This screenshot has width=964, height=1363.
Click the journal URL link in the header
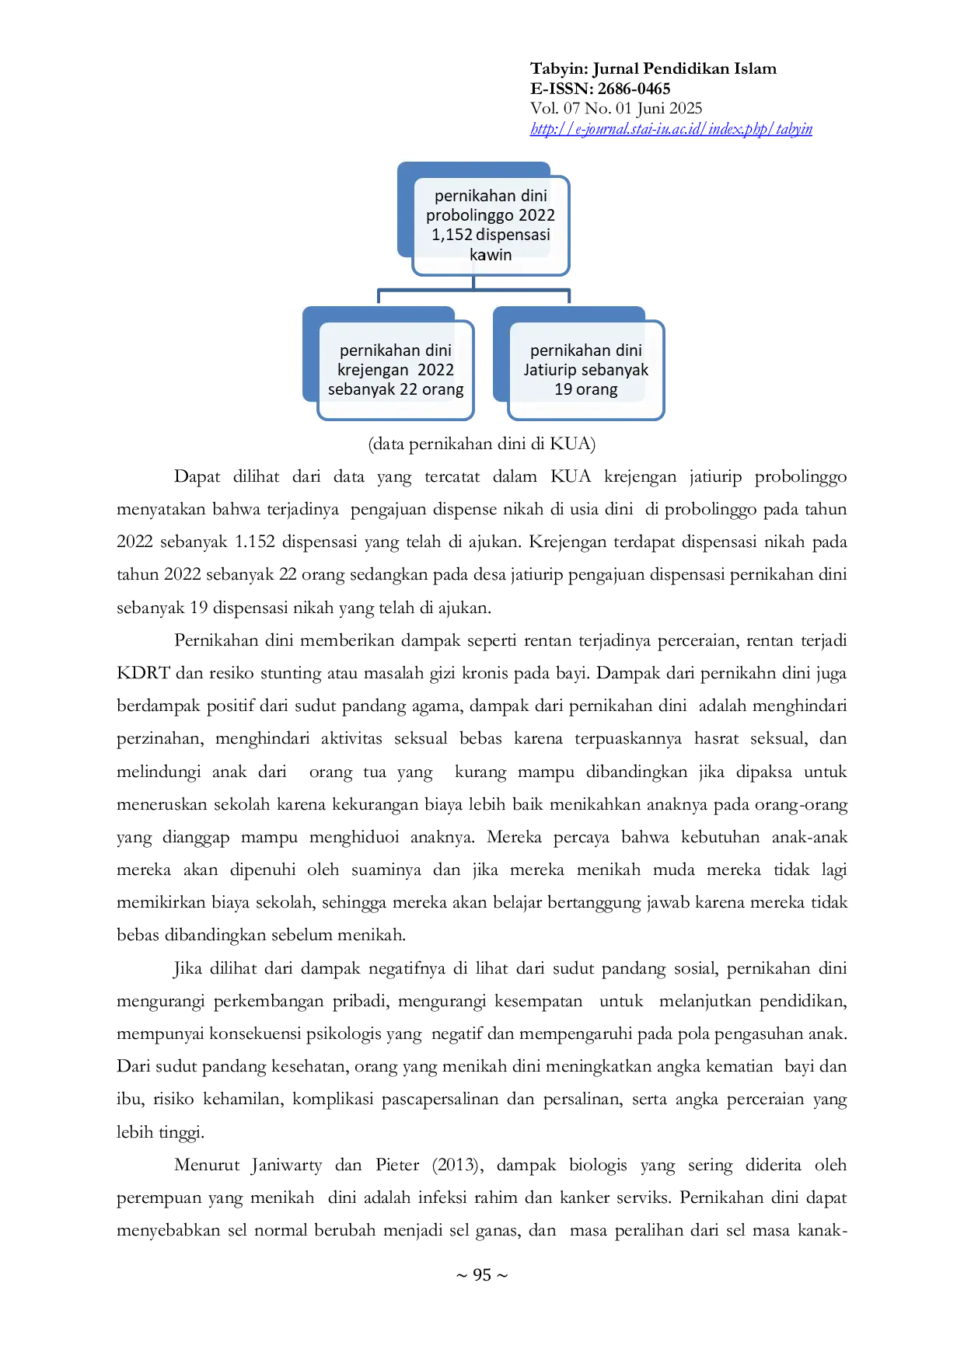(671, 129)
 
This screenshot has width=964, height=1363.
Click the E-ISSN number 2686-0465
(634, 89)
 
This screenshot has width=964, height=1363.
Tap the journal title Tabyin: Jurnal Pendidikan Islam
(653, 68)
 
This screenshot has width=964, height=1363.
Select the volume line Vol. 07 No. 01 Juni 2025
(616, 109)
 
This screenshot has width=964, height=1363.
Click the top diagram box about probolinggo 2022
(491, 225)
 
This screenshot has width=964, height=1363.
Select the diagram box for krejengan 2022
(396, 370)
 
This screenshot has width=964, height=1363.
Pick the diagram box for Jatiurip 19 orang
(585, 370)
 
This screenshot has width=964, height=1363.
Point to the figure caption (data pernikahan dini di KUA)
(482, 444)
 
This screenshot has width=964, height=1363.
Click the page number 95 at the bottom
(482, 1274)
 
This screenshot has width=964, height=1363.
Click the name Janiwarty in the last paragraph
(286, 1165)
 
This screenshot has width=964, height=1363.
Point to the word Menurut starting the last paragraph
(207, 1165)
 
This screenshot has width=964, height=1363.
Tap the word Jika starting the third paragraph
(187, 968)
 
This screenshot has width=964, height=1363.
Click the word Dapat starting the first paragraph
(197, 476)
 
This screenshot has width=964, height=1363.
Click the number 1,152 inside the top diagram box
(452, 235)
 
